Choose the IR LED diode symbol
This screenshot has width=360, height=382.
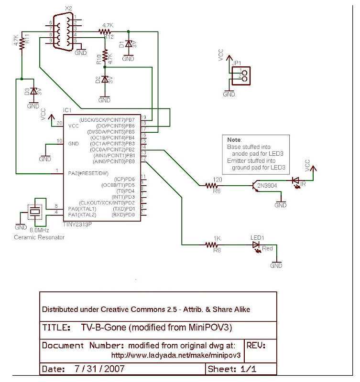pyautogui.click(x=295, y=181)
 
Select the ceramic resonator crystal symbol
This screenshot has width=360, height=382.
pyautogui.click(x=34, y=211)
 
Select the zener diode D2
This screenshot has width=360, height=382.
pyautogui.click(x=104, y=80)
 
